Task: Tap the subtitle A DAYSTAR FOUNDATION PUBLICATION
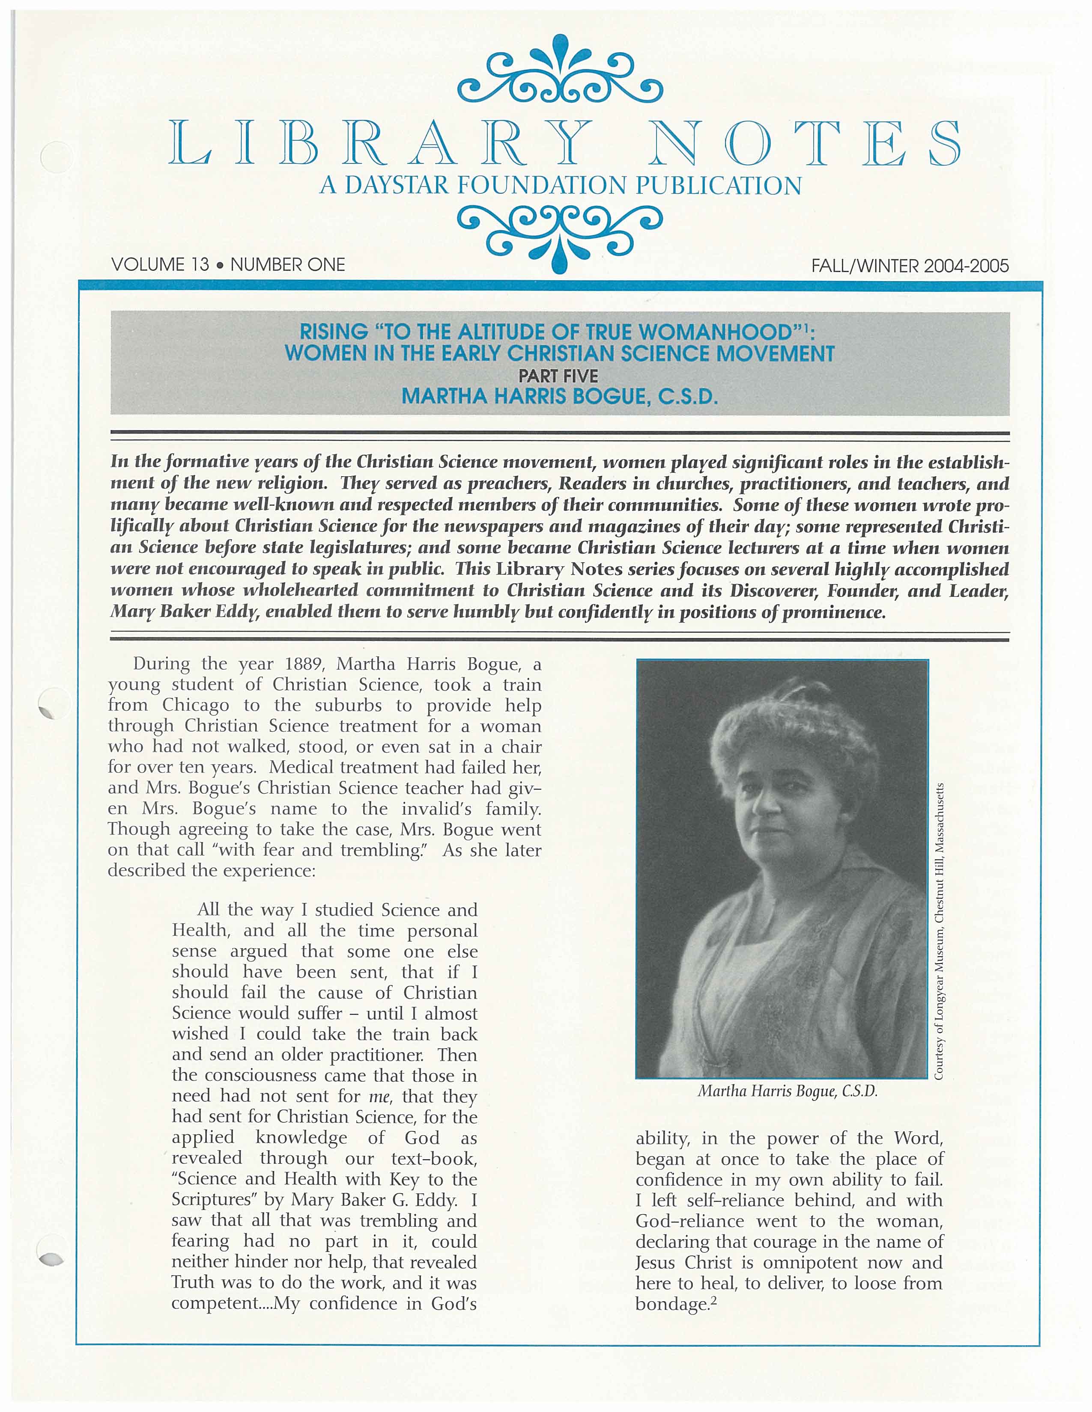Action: (x=560, y=186)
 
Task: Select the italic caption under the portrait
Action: (x=787, y=1092)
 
